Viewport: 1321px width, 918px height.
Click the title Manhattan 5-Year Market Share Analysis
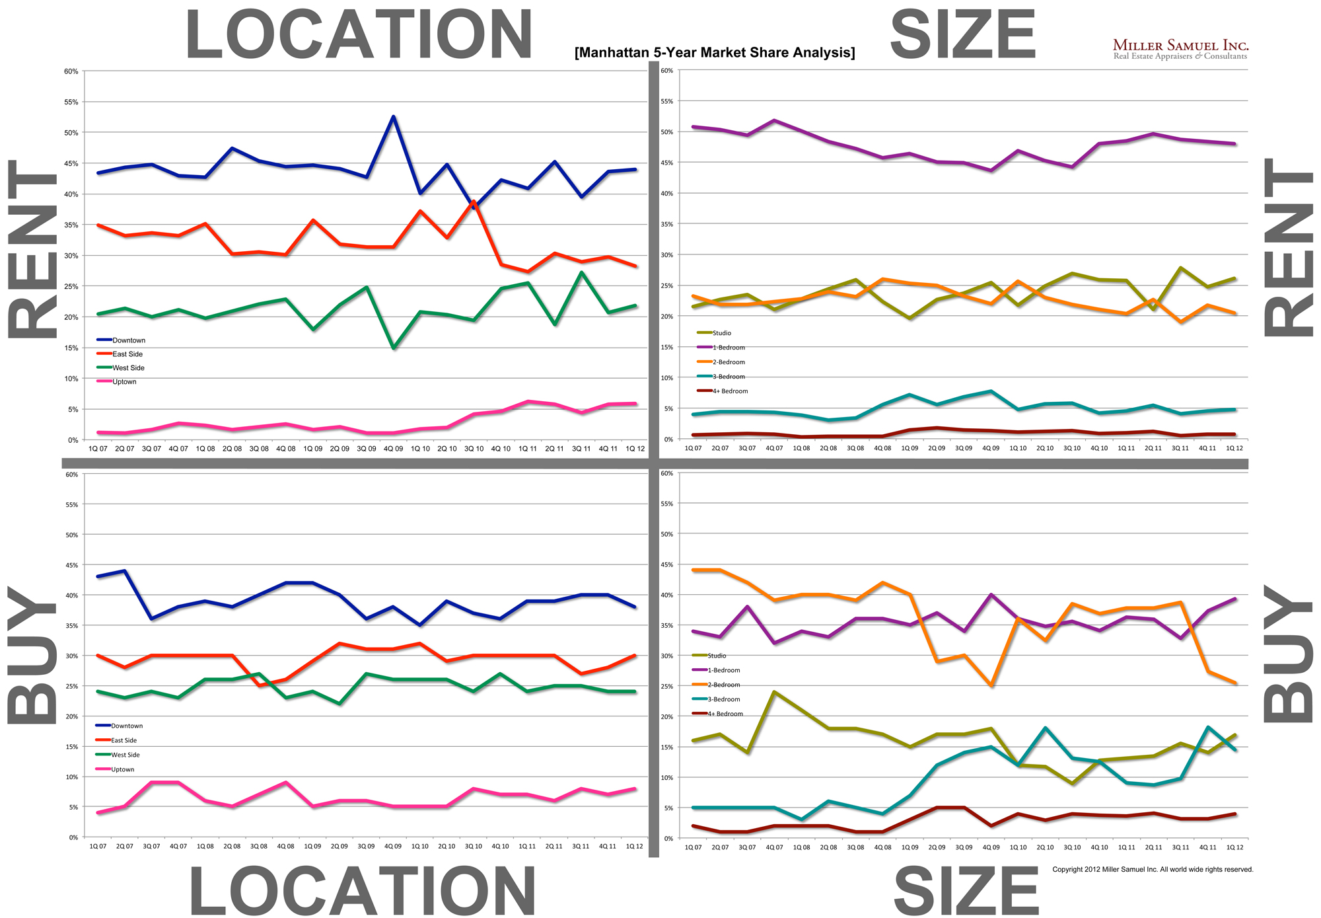[715, 53]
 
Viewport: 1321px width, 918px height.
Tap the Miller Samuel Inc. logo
[1180, 49]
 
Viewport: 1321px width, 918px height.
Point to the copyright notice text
[1153, 869]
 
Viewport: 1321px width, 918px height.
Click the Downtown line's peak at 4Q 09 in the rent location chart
[394, 117]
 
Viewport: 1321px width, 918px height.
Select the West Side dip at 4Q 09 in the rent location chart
[394, 348]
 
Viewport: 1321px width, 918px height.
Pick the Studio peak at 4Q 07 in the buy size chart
[774, 692]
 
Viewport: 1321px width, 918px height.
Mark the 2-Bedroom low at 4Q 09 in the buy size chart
[991, 685]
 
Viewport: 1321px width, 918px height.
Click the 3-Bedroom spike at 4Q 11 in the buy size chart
[1207, 727]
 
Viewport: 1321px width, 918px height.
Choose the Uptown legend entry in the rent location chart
[124, 382]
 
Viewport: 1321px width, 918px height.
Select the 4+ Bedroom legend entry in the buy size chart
[725, 714]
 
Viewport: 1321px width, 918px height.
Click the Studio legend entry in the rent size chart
[721, 333]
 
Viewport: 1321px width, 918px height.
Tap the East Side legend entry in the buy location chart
[124, 740]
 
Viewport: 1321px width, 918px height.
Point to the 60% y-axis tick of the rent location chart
[71, 71]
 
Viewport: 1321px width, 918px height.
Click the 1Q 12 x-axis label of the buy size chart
[1234, 847]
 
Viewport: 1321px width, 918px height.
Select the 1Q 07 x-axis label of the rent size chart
[693, 449]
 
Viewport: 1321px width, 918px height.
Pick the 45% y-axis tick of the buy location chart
[71, 565]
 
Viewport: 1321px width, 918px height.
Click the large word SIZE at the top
[962, 35]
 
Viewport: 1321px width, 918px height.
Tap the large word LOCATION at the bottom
[362, 891]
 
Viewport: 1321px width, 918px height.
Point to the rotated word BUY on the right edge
[1288, 654]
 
